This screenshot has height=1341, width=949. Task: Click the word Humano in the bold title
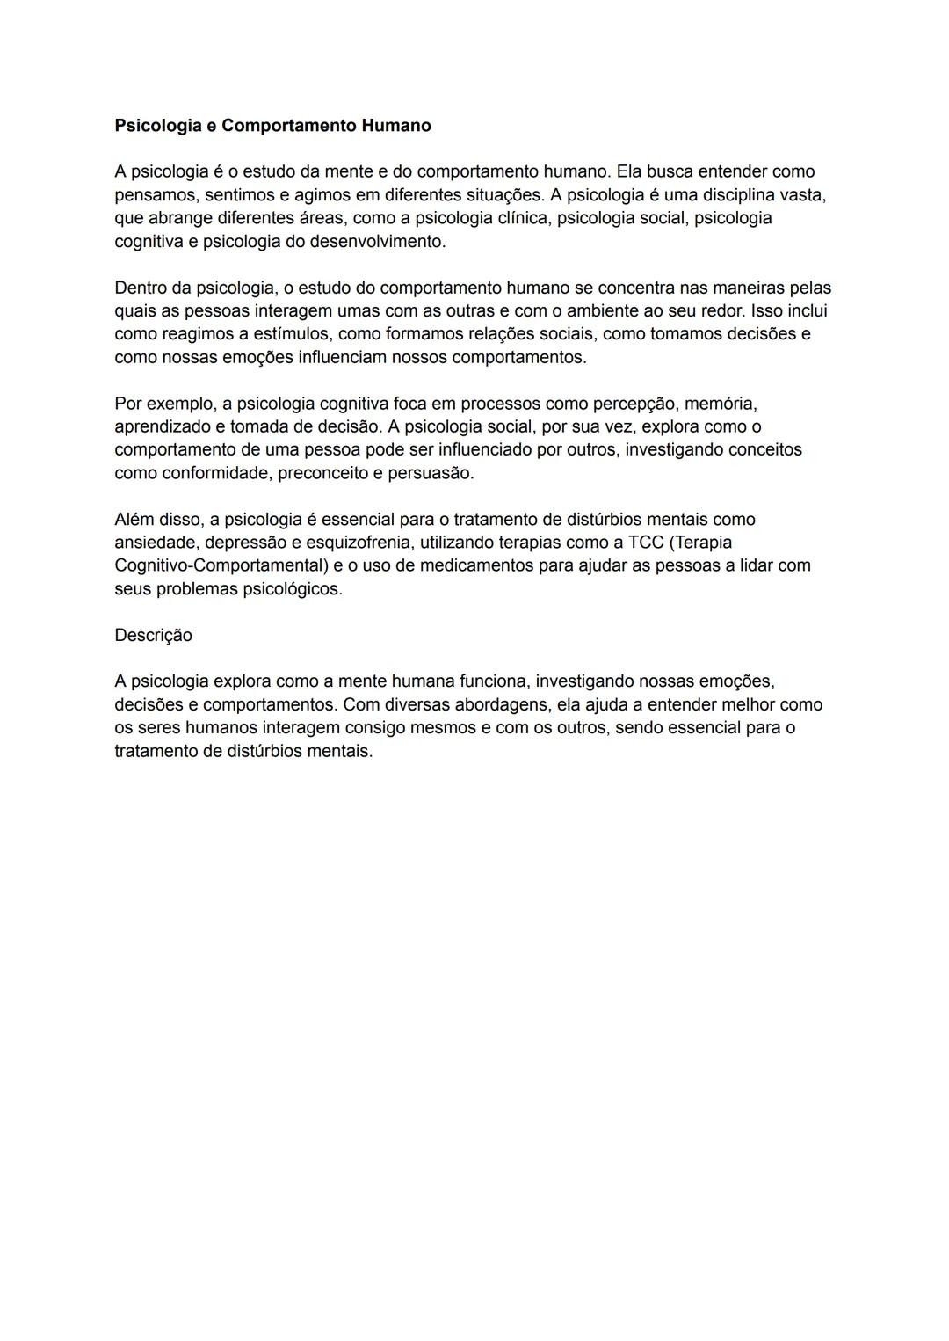coord(396,126)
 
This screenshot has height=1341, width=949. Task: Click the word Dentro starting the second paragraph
coord(141,288)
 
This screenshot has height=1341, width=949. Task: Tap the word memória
coord(720,404)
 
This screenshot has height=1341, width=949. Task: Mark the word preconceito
coord(326,473)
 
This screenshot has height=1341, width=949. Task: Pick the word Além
coord(134,520)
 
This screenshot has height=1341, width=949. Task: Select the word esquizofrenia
coord(358,543)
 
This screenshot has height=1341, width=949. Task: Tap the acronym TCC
coord(646,543)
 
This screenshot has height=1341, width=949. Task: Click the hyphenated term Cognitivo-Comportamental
coord(221,565)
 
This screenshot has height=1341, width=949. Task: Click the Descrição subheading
coord(153,635)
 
